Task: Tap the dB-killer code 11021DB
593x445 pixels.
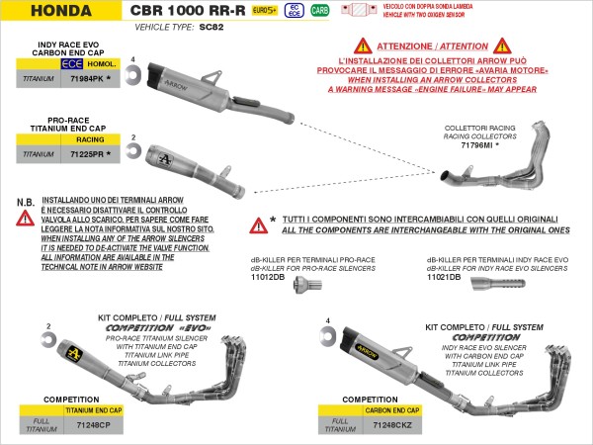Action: click(x=443, y=277)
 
